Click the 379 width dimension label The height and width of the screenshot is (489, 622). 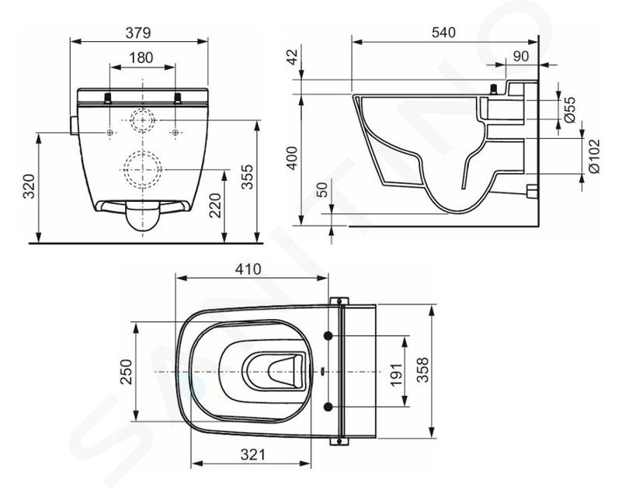click(x=138, y=33)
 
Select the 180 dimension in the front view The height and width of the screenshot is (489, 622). click(x=141, y=57)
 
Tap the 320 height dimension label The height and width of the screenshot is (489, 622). click(x=30, y=186)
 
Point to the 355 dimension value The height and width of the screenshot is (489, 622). click(x=247, y=177)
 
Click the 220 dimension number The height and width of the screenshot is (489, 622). click(x=215, y=206)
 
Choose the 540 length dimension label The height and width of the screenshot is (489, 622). click(x=443, y=32)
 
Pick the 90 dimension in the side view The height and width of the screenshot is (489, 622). click(x=521, y=57)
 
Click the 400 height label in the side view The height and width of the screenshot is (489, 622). click(x=292, y=158)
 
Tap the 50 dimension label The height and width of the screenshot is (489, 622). click(x=322, y=189)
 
